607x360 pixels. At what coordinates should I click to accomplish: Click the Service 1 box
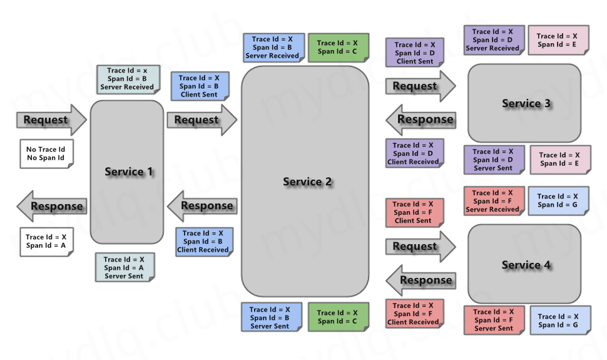click(x=127, y=172)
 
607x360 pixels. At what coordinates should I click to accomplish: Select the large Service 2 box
click(x=307, y=181)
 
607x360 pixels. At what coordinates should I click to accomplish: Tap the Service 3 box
click(x=524, y=103)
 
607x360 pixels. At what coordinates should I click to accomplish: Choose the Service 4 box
click(x=524, y=264)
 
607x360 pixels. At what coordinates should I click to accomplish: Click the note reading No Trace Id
click(x=45, y=153)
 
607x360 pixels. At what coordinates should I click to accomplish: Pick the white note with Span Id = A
click(x=45, y=241)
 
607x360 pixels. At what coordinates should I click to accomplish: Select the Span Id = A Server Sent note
click(x=124, y=267)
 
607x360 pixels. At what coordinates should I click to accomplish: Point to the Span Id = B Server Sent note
click(x=270, y=317)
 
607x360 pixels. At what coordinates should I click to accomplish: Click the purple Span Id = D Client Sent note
click(x=414, y=53)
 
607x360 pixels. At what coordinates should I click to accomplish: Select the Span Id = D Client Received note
click(x=414, y=153)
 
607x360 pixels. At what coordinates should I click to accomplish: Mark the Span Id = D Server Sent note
click(x=493, y=160)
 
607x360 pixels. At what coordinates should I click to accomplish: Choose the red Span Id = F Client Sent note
click(x=414, y=212)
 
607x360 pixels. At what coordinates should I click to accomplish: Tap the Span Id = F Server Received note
click(x=492, y=201)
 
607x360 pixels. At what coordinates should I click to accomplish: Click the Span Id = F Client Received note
click(x=414, y=314)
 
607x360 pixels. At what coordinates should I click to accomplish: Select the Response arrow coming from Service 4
click(x=420, y=280)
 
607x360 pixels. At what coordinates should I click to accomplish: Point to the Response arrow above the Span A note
click(x=51, y=206)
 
